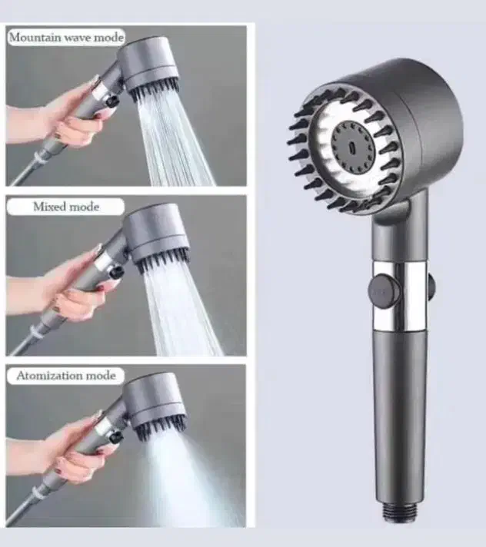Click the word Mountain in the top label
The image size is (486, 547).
coord(35,38)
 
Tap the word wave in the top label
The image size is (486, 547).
coord(78,38)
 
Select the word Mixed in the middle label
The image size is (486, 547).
coord(48,207)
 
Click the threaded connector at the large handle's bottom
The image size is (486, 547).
coord(399,513)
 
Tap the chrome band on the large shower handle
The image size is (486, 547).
coord(399,296)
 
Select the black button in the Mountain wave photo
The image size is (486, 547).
coord(112,101)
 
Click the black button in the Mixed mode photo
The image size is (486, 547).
coord(115,272)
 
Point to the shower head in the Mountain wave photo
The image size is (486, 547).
coord(151,68)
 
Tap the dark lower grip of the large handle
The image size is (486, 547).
coord(400,419)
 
